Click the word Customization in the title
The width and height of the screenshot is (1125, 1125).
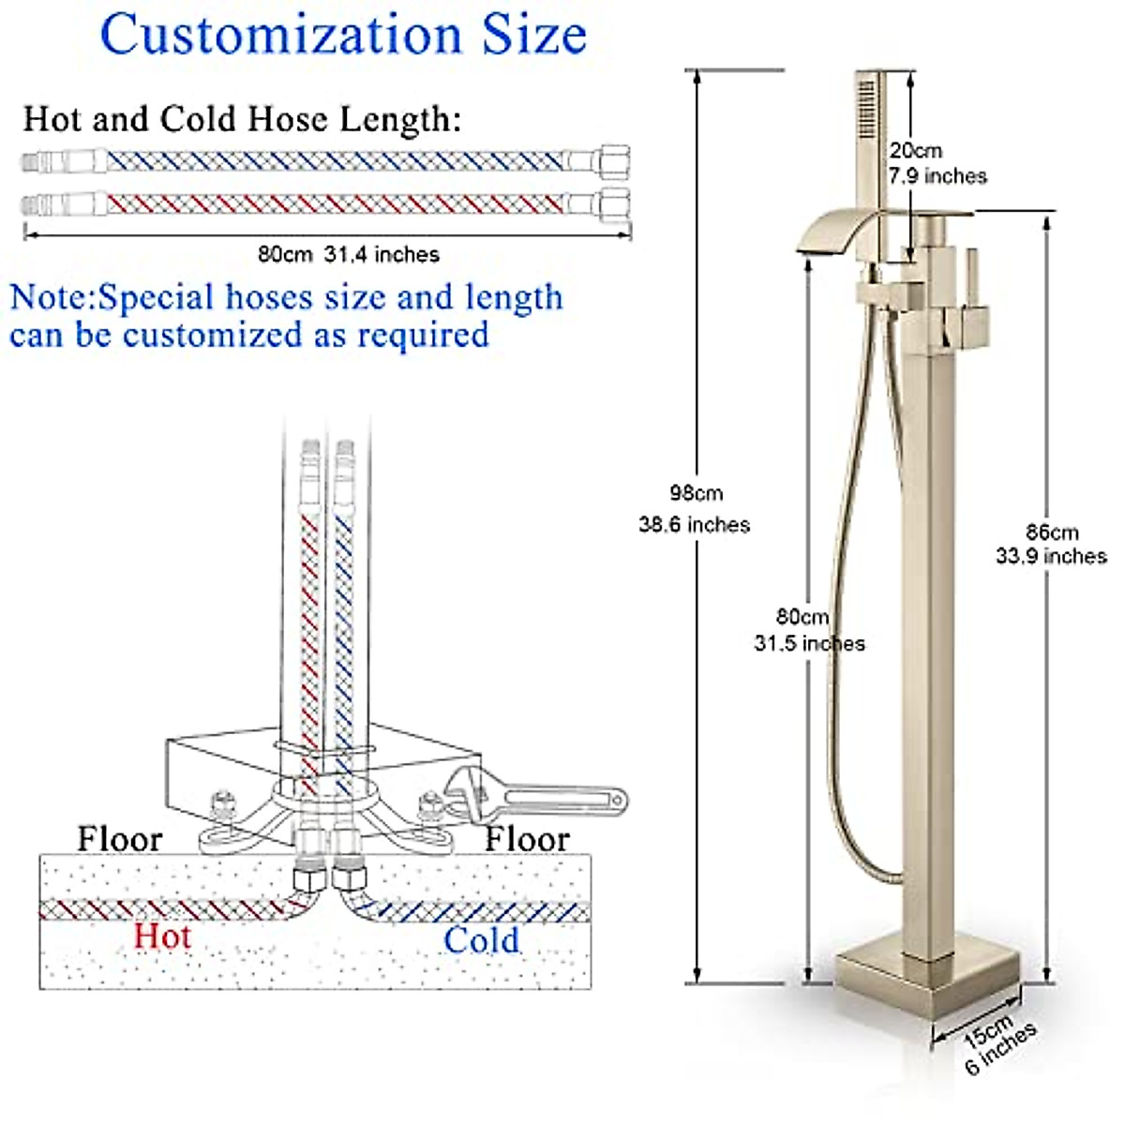click(x=280, y=36)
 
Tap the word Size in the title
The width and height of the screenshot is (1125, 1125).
click(x=534, y=36)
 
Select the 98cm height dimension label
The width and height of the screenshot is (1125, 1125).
click(x=696, y=493)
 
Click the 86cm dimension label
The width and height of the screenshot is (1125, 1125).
click(x=1051, y=532)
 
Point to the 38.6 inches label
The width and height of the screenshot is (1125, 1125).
click(x=695, y=525)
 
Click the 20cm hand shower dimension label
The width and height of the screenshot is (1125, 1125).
click(x=916, y=151)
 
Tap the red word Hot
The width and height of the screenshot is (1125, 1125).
click(x=162, y=936)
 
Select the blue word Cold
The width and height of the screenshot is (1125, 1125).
click(x=481, y=940)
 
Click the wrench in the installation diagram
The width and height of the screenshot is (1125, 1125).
click(x=534, y=797)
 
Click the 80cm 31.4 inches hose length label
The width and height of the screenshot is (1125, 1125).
click(x=348, y=254)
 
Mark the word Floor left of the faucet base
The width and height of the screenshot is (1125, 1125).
click(x=119, y=839)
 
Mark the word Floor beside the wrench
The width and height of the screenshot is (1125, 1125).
click(x=526, y=839)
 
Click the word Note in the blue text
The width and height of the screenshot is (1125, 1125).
click(x=52, y=298)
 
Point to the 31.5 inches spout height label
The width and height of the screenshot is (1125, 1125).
click(x=809, y=644)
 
